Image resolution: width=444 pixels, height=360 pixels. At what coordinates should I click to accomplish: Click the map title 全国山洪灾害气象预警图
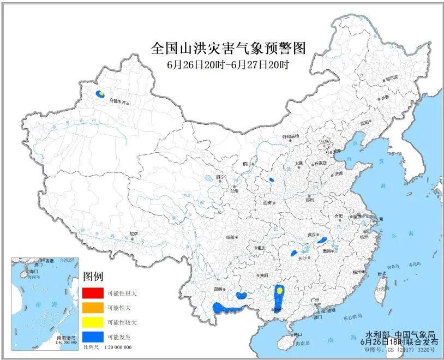point(229,49)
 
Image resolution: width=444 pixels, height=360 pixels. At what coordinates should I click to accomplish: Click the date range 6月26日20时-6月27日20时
point(228,64)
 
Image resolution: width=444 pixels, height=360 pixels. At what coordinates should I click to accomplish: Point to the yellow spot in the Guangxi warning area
point(279,291)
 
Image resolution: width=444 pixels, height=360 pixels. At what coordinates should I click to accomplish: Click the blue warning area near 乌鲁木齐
point(100,94)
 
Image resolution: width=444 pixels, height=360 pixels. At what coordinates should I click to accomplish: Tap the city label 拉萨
point(134,234)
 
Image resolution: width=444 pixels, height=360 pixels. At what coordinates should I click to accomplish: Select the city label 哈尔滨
point(392,79)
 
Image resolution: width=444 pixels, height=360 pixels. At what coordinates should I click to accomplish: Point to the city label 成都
point(230,237)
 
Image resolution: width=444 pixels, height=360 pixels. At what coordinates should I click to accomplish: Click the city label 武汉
point(311,235)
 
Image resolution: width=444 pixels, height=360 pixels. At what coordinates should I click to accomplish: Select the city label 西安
point(267,202)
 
